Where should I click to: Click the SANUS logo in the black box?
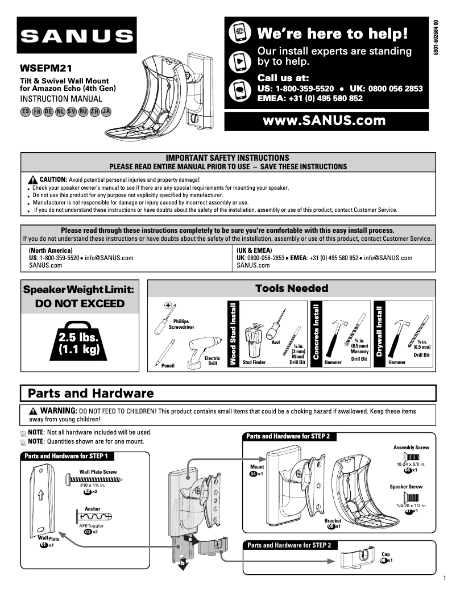76,36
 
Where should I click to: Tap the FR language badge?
37,111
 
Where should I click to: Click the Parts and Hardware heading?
90,393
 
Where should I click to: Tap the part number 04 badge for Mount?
253,474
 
